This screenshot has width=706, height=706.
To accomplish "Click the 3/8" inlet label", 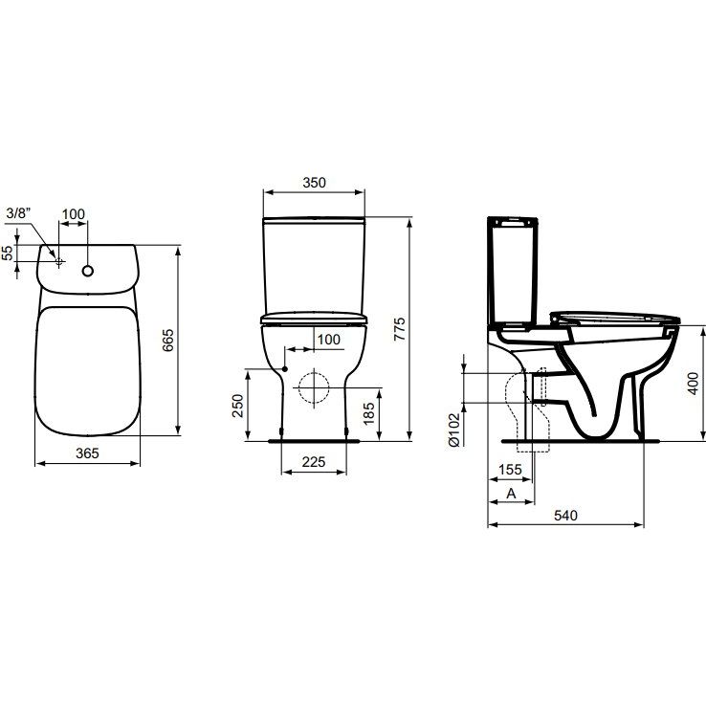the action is (19, 213).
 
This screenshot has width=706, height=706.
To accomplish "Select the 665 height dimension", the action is (167, 340).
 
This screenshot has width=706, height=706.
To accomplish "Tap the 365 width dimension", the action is (87, 452).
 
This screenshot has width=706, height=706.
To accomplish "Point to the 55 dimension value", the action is (8, 254).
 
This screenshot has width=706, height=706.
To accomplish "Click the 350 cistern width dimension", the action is (314, 183).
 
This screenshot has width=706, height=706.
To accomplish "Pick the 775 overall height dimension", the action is (399, 329).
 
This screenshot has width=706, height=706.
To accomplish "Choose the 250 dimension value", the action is (237, 406).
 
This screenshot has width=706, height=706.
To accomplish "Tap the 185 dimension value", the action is (368, 413).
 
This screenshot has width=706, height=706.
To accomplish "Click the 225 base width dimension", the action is (314, 461).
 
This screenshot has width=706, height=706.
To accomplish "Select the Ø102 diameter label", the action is (454, 430).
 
